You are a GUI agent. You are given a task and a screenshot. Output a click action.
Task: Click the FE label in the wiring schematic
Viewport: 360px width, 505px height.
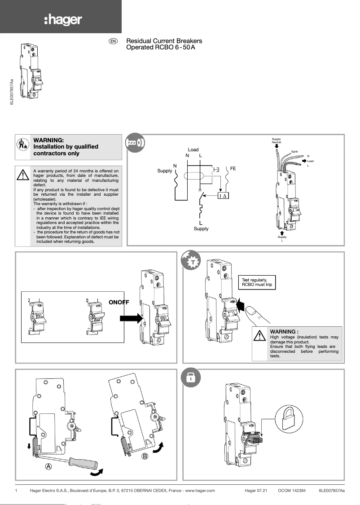click(233, 168)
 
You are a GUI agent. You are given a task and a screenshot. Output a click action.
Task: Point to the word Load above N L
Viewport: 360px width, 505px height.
click(193, 149)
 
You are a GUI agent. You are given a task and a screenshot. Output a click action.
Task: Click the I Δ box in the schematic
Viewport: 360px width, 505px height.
click(223, 196)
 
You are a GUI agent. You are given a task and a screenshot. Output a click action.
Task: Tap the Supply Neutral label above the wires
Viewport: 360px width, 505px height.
click(277, 141)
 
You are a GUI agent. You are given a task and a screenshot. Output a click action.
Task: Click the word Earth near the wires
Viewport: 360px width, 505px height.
click(294, 152)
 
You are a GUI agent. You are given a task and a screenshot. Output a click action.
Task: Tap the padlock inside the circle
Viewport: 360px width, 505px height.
click(286, 418)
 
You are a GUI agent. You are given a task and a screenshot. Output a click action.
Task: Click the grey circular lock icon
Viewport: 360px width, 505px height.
click(190, 378)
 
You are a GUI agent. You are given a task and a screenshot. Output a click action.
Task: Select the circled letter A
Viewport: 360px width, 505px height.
click(48, 466)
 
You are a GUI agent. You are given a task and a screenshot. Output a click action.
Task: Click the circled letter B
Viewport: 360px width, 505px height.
click(145, 457)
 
